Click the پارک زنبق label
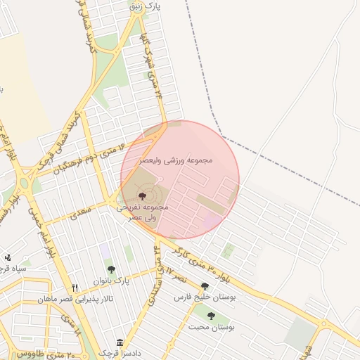tap(146, 6)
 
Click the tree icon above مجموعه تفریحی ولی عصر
tap(143, 195)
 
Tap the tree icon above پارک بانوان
tap(110, 269)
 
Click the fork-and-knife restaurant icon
tap(75, 288)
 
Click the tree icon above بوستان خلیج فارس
tap(205, 286)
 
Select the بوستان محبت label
tap(212, 328)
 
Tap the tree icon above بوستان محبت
tap(210, 316)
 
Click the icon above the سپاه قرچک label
tap(8, 257)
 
